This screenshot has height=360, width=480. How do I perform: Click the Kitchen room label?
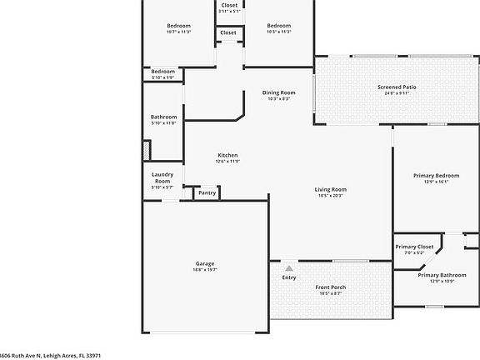click(227, 156)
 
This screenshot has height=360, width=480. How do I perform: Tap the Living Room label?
click(330, 190)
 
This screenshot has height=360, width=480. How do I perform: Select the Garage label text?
click(205, 264)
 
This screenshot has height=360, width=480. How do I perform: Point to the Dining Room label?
click(278, 92)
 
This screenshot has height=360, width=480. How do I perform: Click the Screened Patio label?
click(397, 87)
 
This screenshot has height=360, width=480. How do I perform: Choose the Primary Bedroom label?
click(436, 176)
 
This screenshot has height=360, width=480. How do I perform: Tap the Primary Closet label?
click(414, 247)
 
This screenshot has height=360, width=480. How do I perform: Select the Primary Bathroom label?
click(442, 275)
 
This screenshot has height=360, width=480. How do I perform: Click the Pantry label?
click(207, 193)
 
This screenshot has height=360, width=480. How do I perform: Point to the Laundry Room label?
click(162, 177)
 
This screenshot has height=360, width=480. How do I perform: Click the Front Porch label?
click(330, 287)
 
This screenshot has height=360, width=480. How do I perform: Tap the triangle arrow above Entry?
click(289, 268)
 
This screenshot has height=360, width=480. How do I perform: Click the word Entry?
click(289, 277)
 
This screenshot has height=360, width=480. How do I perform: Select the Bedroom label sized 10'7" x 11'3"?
click(178, 26)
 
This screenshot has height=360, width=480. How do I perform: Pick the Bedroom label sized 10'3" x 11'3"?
click(278, 26)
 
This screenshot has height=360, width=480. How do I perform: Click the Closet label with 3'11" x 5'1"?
click(228, 6)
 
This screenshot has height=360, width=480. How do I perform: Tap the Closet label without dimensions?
click(228, 33)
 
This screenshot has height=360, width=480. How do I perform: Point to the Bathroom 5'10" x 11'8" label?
click(163, 117)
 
